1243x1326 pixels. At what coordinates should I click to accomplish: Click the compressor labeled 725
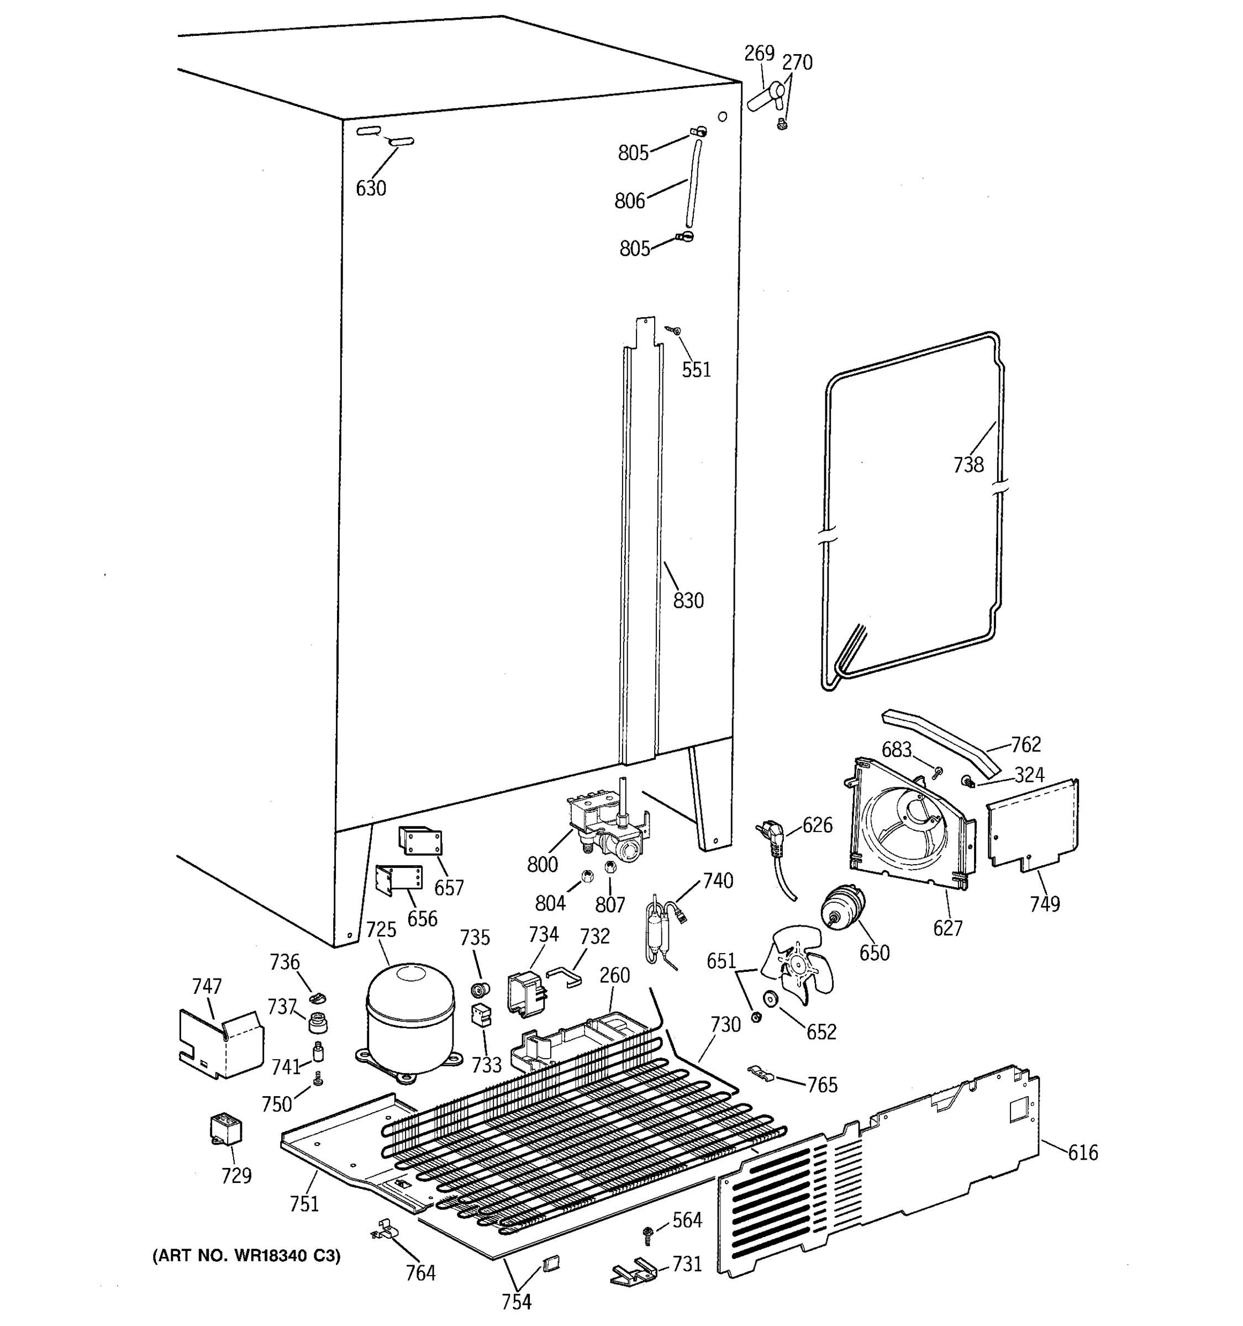pyautogui.click(x=410, y=1018)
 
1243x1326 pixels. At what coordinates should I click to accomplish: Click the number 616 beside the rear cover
pyautogui.click(x=1083, y=1153)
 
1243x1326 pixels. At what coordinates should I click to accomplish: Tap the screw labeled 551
pyautogui.click(x=675, y=329)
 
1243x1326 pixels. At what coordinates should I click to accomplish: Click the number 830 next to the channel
pyautogui.click(x=688, y=601)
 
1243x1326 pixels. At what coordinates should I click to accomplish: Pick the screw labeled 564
pyautogui.click(x=647, y=1234)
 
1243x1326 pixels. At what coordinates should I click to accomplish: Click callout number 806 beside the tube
pyautogui.click(x=629, y=200)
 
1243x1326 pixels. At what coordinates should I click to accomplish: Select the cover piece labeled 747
pyautogui.click(x=222, y=1043)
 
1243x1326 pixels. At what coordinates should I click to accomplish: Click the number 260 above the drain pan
pyautogui.click(x=614, y=975)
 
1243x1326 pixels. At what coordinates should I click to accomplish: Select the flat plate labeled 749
pyautogui.click(x=1033, y=825)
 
